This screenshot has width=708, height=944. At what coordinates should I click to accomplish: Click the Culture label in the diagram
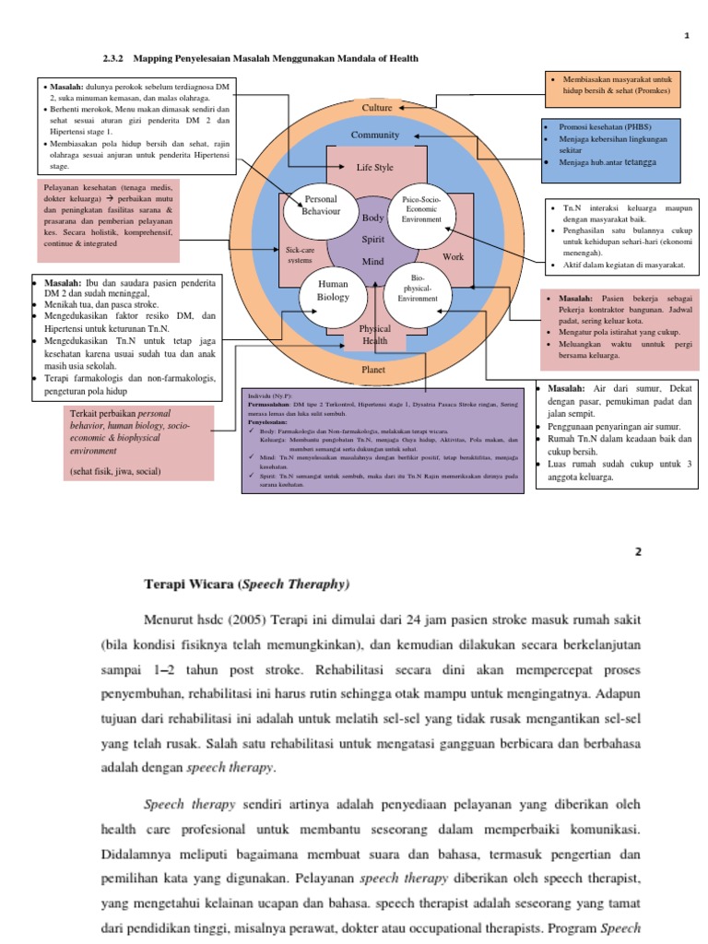click(x=376, y=108)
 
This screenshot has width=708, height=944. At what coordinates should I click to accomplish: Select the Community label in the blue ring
click(x=375, y=136)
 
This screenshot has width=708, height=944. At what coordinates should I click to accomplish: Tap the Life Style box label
click(x=375, y=168)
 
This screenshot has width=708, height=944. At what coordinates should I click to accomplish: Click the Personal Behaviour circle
click(x=321, y=206)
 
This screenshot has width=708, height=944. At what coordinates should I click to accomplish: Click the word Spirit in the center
click(x=372, y=240)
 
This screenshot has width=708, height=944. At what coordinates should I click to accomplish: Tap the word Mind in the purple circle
click(x=372, y=262)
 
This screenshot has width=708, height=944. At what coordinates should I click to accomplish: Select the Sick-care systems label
click(x=299, y=255)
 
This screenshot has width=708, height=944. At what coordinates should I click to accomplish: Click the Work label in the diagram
click(x=454, y=257)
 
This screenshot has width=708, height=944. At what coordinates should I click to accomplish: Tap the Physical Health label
click(x=374, y=335)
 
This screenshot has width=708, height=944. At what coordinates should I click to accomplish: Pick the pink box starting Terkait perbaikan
click(x=139, y=443)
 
